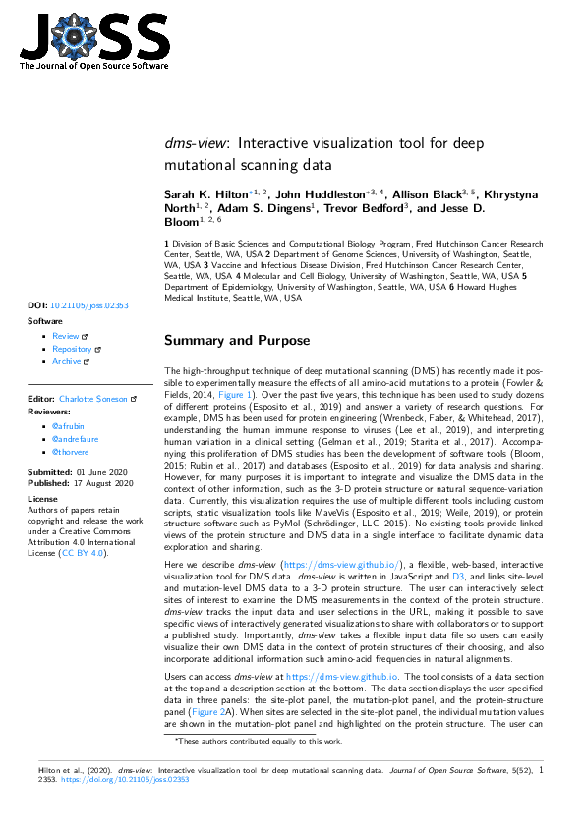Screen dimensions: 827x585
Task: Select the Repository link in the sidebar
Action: tap(72, 349)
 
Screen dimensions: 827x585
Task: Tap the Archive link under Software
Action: tap(67, 361)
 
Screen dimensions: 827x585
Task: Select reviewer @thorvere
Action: tap(72, 453)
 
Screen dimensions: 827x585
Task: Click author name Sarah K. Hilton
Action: tap(206, 196)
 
